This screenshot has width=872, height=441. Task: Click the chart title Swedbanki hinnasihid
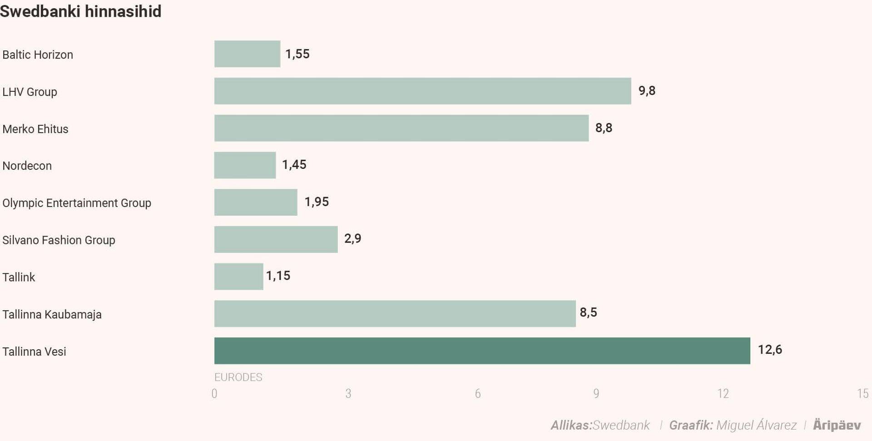(81, 11)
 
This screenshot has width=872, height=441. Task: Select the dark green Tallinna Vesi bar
(482, 351)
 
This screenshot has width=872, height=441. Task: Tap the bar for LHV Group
(422, 91)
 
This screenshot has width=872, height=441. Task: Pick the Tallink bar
(238, 277)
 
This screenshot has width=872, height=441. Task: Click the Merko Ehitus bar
(401, 128)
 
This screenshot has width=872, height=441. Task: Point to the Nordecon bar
(245, 165)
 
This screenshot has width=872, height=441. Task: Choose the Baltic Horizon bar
(247, 54)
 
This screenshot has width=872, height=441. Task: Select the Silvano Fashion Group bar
(276, 239)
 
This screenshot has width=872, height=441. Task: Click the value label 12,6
(770, 349)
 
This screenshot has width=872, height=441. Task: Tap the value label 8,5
(588, 312)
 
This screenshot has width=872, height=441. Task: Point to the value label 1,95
(317, 202)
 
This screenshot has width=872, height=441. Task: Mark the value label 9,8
(647, 91)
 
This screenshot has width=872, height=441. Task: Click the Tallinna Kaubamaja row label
(52, 314)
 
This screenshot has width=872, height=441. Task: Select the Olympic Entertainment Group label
(77, 203)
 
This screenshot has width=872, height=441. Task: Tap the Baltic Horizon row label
(38, 55)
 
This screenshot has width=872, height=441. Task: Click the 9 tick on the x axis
(596, 393)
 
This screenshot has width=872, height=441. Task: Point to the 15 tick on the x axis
(862, 393)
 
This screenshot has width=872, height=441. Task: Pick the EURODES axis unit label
(238, 377)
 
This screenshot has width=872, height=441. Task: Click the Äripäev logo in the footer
(837, 425)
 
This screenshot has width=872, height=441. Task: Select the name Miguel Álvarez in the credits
(756, 425)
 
